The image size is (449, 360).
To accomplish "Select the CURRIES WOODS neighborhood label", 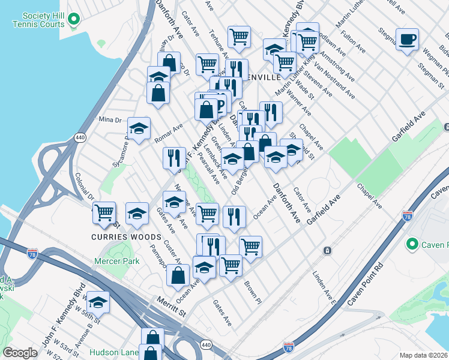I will click(x=118, y=236).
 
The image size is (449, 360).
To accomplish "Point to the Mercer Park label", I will click(x=116, y=261).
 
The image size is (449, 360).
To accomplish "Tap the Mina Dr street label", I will click(x=110, y=119).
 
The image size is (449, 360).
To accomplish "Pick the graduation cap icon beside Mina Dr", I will click(x=139, y=128).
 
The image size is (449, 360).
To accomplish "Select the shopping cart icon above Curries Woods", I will click(x=104, y=212).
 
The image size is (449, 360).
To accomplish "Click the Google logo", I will click(x=20, y=353).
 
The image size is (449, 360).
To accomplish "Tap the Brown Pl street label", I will click(x=251, y=291).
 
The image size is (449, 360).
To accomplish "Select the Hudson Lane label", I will click(x=114, y=352).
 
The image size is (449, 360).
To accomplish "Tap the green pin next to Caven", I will click(x=412, y=244).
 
